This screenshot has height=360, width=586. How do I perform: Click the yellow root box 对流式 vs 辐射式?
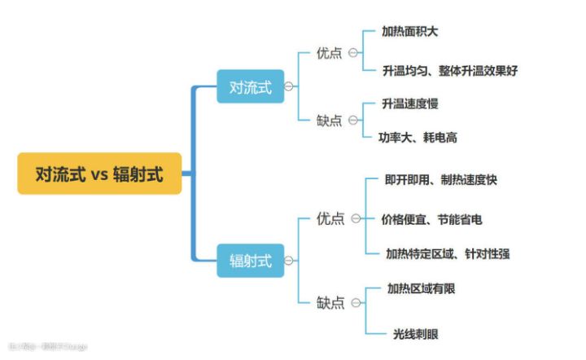click(x=99, y=173)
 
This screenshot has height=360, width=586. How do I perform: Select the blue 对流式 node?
click(x=250, y=86)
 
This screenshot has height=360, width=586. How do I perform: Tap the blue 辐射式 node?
click(x=250, y=261)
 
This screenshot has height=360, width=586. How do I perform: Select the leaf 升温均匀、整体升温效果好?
click(x=450, y=71)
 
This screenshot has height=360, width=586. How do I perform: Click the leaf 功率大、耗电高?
click(x=418, y=138)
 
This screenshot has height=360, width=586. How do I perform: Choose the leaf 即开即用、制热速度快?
click(x=441, y=180)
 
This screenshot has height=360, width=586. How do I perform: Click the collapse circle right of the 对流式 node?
click(x=289, y=86)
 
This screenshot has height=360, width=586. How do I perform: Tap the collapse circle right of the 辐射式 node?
click(x=289, y=261)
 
